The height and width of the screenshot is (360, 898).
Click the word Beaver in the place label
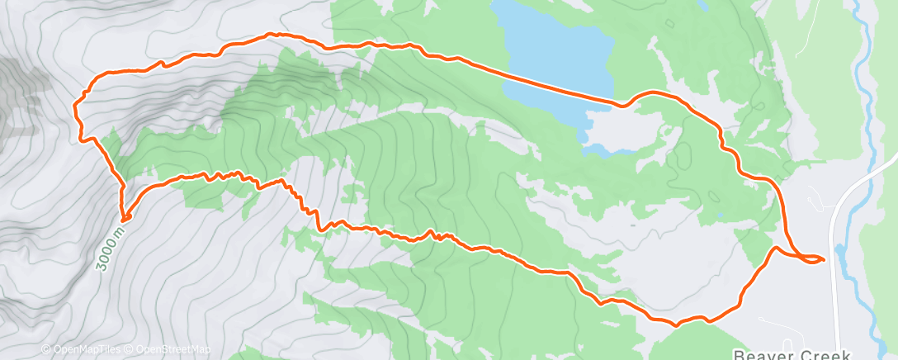760,354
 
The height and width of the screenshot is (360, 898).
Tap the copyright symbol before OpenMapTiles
46,349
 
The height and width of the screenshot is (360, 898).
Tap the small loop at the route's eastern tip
813,260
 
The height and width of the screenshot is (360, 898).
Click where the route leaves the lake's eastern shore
616,103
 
